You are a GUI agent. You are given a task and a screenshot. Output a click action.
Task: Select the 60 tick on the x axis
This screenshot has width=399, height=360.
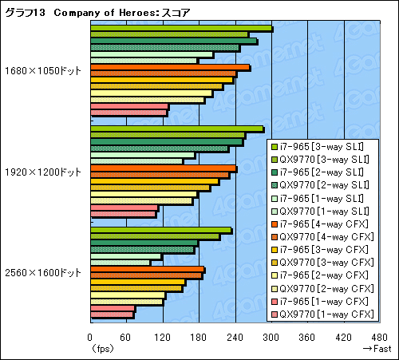click(126, 337)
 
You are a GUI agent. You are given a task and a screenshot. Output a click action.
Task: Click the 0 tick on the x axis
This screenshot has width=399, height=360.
click(90, 337)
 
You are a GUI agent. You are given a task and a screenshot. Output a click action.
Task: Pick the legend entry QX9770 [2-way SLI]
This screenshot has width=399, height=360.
click(322, 185)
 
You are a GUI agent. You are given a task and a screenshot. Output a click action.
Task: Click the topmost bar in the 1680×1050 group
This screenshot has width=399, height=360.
click(181, 30)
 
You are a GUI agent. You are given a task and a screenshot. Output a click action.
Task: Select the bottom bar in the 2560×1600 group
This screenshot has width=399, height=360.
click(112, 315)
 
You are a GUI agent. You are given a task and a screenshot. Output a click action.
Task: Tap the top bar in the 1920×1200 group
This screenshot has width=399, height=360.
click(176, 129)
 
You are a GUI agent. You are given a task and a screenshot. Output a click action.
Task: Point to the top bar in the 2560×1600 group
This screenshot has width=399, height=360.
click(160, 231)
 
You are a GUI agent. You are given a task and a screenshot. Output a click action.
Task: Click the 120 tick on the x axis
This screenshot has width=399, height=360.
click(163, 337)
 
